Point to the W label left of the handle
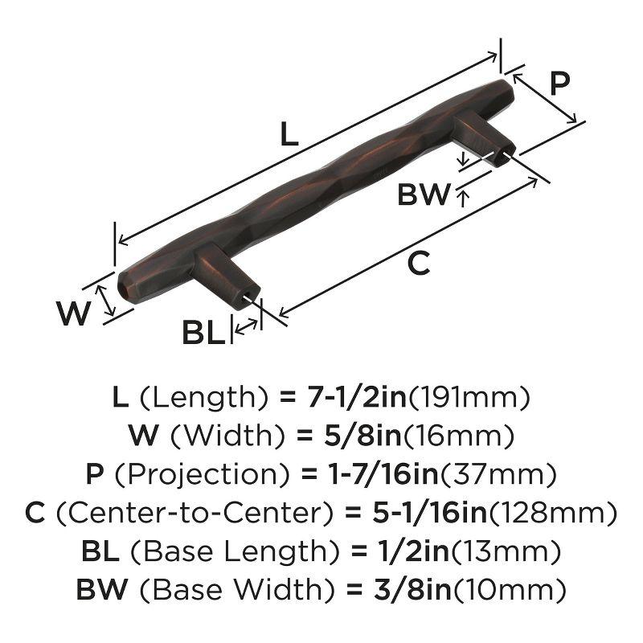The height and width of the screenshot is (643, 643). click(74, 313)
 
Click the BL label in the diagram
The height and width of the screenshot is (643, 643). click(203, 331)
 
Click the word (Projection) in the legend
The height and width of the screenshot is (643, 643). click(191, 474)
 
